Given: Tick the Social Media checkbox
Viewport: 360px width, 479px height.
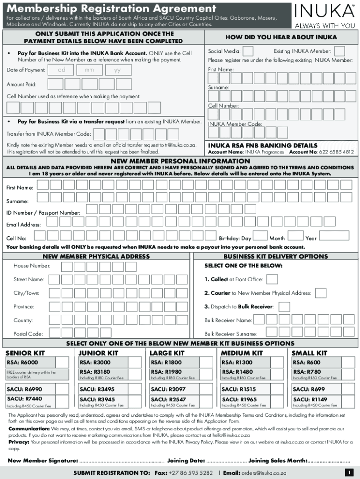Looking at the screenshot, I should point(248,51).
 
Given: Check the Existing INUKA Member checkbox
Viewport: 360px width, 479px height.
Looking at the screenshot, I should point(339,51).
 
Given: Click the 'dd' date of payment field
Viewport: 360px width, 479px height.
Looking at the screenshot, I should point(61,70).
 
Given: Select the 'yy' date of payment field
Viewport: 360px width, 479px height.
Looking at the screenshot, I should point(117,70).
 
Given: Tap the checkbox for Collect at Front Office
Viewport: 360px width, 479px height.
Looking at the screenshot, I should point(272,279).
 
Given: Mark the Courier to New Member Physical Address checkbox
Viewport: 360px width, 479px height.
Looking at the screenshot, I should point(320,293).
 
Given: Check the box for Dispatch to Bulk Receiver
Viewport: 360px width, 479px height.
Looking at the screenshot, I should point(284,307).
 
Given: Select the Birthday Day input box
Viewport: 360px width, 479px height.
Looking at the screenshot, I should point(260,236).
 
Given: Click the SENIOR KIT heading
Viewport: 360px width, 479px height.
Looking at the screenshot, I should point(25,353).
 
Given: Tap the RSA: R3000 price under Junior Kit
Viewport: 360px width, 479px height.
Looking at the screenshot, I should point(95,363).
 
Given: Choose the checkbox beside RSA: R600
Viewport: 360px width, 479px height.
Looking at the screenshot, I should point(348,363).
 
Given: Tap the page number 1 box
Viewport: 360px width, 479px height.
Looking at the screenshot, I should point(348,472).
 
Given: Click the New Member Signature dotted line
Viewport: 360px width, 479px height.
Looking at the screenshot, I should point(122,461).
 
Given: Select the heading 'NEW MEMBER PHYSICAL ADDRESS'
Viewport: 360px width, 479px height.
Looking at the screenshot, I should point(96,256).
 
